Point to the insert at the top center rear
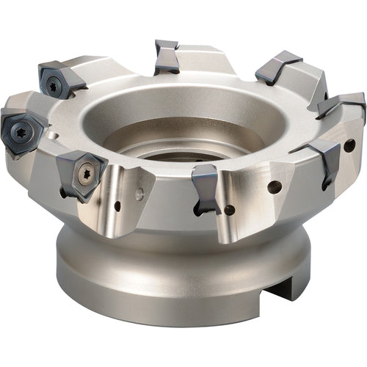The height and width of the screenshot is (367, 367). (166, 57)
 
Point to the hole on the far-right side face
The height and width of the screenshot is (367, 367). (349, 145)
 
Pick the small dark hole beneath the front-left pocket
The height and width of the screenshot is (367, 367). (117, 206)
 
